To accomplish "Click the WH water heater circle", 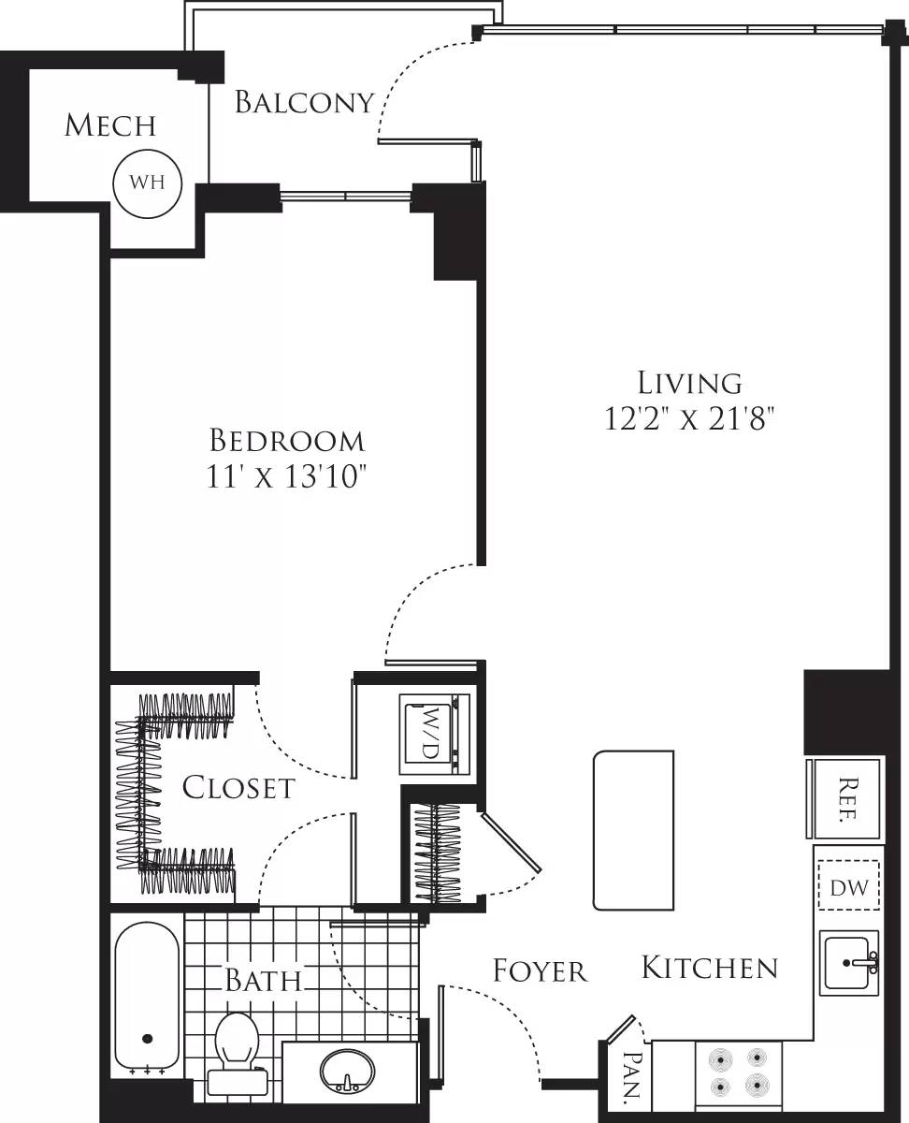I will [x=147, y=182].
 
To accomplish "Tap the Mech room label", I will [x=110, y=125].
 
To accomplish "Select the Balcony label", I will [x=304, y=102].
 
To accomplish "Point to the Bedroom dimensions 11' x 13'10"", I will [x=286, y=476].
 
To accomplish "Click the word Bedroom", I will [x=286, y=440].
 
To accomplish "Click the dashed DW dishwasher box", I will [x=849, y=886].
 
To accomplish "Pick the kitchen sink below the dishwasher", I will [x=849, y=962].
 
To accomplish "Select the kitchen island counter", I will [x=633, y=830].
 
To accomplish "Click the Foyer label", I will [x=540, y=971].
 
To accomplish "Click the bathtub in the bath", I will [x=147, y=997].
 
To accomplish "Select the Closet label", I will [x=238, y=788].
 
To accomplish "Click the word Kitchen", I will [x=709, y=968].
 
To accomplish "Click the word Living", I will [x=690, y=383].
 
